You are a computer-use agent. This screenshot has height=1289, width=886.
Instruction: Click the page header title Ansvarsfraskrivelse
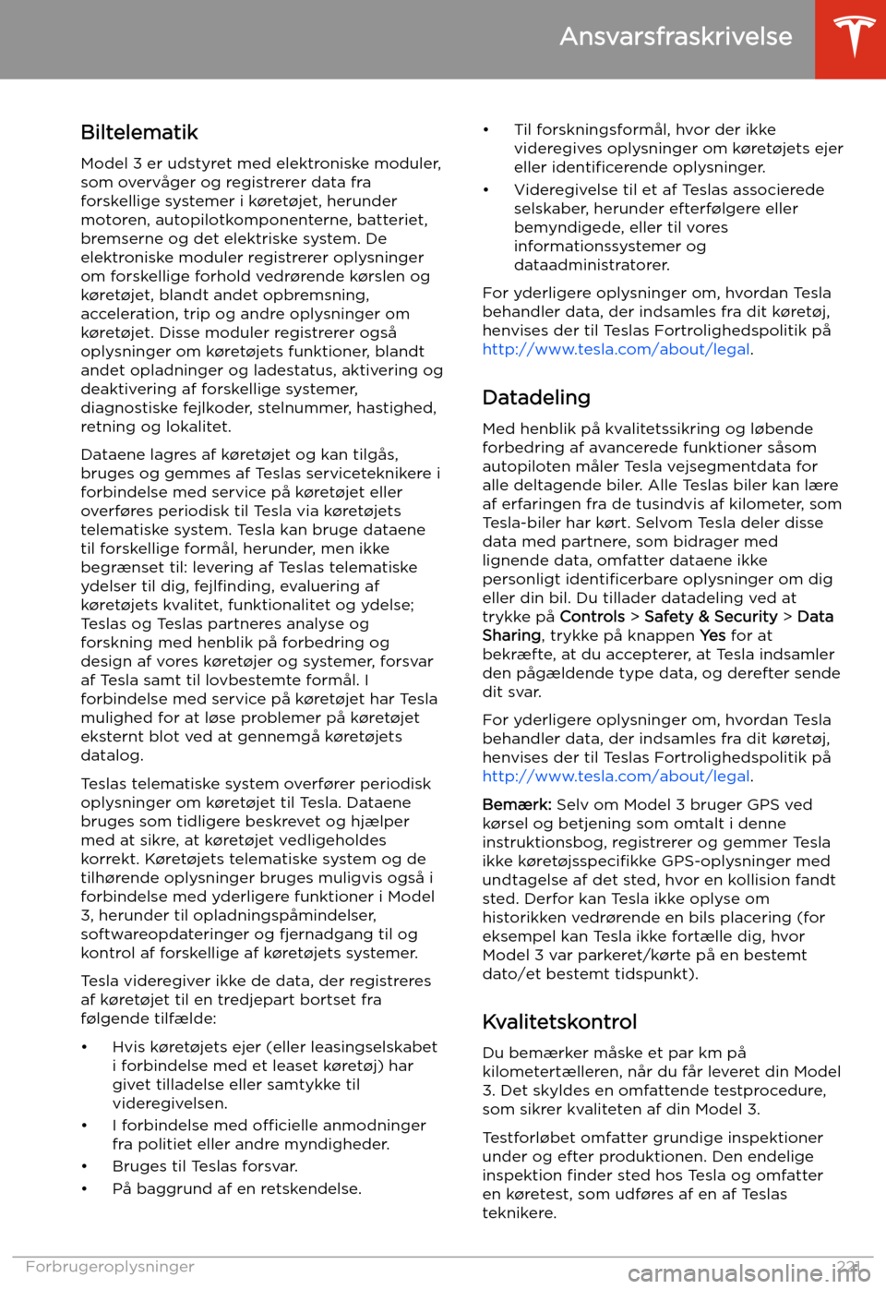point(676,36)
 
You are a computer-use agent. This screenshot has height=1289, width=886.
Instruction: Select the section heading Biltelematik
point(139,132)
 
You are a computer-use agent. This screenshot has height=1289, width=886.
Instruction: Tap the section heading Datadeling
point(536,397)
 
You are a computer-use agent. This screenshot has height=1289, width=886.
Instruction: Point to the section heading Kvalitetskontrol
point(559,1021)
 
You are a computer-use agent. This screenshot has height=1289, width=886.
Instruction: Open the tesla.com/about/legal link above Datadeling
point(616,349)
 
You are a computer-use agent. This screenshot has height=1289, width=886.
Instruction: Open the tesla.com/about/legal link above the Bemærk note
point(616,776)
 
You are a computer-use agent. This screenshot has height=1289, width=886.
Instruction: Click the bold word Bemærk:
point(517,804)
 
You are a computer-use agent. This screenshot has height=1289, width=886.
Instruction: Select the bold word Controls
point(593,617)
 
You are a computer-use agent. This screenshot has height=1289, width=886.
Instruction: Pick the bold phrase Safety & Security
point(711,617)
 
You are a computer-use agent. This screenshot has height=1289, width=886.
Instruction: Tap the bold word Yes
point(712,635)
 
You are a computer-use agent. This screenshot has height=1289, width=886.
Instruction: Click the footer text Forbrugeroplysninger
point(110,1266)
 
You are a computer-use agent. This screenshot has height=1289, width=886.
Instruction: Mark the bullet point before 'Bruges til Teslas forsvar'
point(85,1166)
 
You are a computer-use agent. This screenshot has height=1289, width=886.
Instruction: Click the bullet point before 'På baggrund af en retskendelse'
point(85,1188)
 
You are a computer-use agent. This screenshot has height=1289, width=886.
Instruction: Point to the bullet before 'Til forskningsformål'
point(486,130)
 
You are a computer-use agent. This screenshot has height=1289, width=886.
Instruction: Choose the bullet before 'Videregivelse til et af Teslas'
point(486,190)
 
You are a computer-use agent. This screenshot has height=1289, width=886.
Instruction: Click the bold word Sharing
point(511,635)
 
